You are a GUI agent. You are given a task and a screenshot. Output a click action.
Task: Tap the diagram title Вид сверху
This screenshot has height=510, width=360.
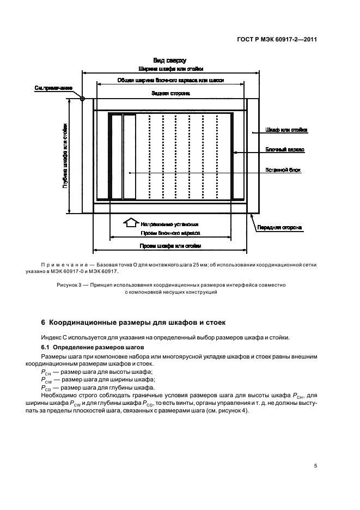170,61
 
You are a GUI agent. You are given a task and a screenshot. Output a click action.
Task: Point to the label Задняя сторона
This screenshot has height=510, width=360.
170,94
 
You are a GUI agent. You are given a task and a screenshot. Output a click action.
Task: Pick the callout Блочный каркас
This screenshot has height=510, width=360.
285,149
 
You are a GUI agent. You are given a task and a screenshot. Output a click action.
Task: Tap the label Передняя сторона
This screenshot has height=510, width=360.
280,227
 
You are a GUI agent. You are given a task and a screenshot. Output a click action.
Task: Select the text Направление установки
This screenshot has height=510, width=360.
169,223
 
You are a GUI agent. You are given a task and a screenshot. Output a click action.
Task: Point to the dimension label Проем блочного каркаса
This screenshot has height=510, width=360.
170,233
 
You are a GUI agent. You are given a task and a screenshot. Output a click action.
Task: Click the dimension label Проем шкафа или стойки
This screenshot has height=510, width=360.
170,246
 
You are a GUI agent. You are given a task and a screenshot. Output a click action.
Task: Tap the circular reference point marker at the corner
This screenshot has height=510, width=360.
82,99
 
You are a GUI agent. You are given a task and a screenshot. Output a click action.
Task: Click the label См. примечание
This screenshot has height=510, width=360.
54,88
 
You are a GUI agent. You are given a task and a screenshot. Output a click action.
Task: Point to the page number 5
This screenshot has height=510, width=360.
316,466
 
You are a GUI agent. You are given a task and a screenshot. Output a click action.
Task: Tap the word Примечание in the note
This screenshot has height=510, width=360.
62,264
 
